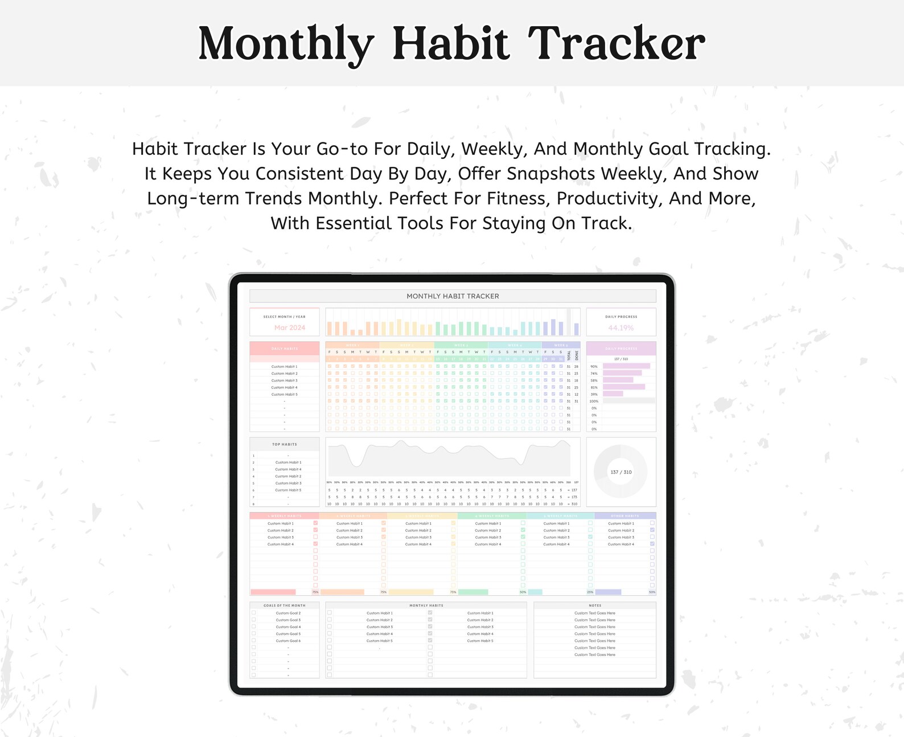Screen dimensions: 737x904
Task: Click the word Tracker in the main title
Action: pos(617,44)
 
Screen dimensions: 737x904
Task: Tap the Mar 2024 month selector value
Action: pos(289,327)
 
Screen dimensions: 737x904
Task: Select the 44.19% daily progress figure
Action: pos(621,327)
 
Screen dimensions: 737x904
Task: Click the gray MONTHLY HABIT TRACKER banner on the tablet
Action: pos(453,296)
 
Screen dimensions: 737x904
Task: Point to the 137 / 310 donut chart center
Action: pos(621,472)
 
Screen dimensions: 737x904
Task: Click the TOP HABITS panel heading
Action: pos(284,444)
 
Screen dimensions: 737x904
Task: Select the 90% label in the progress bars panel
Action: pos(594,367)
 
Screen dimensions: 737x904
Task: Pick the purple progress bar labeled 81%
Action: pos(623,387)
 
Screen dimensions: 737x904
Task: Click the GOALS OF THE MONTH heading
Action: pos(284,605)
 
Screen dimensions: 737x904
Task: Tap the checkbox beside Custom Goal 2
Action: pos(254,613)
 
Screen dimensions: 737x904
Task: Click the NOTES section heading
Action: pos(595,605)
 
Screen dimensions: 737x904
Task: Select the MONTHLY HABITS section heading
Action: pos(426,605)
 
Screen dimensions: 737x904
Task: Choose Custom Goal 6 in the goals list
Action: pos(288,641)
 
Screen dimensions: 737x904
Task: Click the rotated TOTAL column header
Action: pos(569,355)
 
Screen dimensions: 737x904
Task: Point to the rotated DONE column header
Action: pos(576,355)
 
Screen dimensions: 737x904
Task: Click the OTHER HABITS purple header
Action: pos(624,516)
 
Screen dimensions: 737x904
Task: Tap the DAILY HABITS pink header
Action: pos(284,349)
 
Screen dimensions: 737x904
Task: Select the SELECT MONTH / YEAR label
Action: pos(284,317)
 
